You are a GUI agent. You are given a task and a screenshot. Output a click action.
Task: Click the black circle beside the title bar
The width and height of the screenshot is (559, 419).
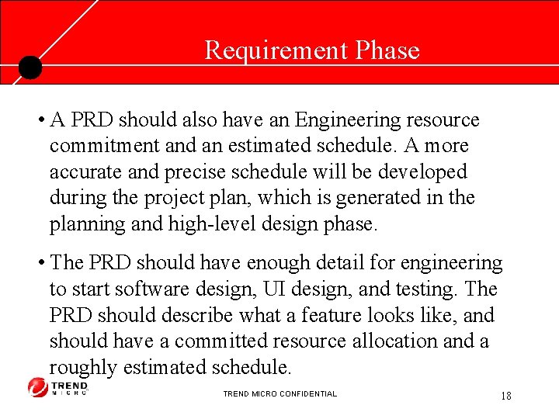[x=30, y=68]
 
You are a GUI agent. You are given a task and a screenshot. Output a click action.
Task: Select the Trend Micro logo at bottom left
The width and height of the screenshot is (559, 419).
[x=58, y=387]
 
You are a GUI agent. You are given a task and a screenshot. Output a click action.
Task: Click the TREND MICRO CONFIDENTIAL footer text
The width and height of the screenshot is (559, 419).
[x=279, y=394]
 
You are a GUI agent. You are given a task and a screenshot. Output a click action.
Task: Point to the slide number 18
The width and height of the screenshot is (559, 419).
[x=505, y=396]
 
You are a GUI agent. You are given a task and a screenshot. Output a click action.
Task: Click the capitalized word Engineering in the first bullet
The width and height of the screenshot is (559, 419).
[x=345, y=120]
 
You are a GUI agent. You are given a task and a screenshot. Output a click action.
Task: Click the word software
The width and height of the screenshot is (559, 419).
[x=151, y=289]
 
